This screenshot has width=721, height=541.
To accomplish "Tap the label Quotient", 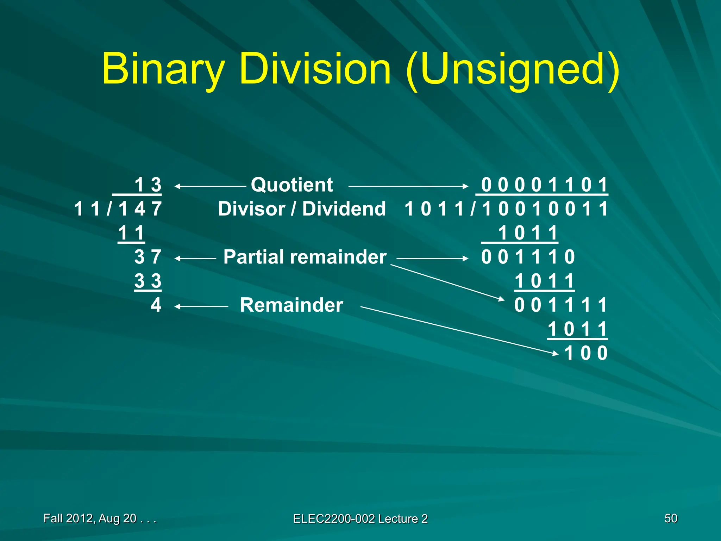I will [x=291, y=185].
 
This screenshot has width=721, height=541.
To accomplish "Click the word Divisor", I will [x=251, y=209].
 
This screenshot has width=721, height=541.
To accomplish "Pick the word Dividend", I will [x=344, y=209].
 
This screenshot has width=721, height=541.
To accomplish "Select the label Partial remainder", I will [x=305, y=257].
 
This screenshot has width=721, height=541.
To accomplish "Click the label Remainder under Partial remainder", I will [x=291, y=305].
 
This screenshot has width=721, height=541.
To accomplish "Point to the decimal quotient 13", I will [x=148, y=185].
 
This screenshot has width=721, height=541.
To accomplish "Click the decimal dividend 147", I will [x=140, y=209].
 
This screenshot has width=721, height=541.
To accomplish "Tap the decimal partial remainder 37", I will [x=148, y=257].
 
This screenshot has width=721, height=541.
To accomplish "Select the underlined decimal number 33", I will [x=148, y=281].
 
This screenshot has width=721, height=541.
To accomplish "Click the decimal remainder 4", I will [x=156, y=305].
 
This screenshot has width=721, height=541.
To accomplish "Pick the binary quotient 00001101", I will [x=544, y=185].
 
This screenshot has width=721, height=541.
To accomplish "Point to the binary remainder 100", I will [x=586, y=353].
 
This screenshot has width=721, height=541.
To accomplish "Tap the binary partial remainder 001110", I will [x=528, y=257].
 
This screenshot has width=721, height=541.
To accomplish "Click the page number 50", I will [x=671, y=518].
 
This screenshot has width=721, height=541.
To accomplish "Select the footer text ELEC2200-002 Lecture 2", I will [x=360, y=518].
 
